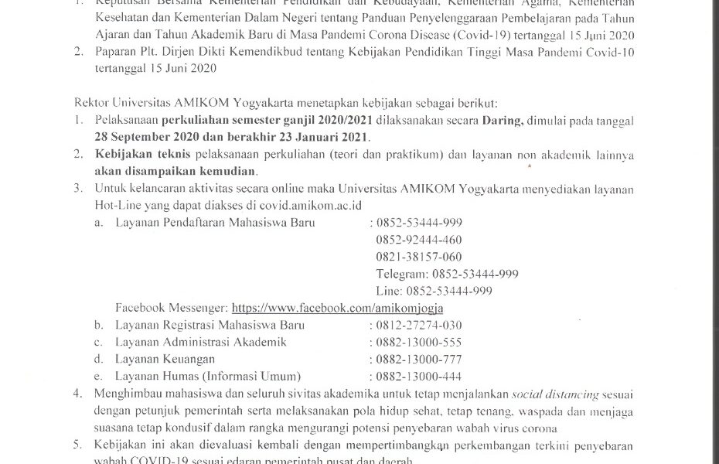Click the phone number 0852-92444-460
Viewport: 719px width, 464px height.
419,240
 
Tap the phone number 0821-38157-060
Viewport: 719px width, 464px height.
419,257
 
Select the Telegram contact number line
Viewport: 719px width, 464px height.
447,274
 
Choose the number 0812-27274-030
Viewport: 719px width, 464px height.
419,325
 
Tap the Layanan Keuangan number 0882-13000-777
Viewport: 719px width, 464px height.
419,359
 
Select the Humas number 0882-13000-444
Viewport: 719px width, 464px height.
419,376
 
